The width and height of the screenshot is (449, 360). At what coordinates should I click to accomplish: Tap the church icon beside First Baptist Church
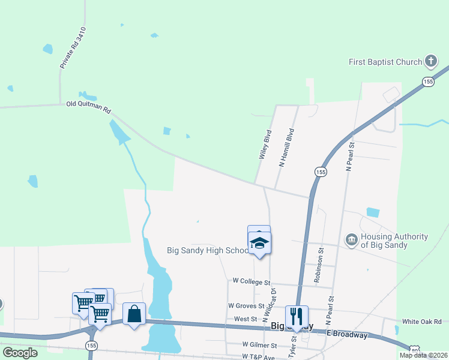pos(430,61)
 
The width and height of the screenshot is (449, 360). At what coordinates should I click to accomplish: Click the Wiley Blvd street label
pos(265,144)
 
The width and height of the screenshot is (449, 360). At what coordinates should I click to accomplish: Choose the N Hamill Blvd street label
pos(286,147)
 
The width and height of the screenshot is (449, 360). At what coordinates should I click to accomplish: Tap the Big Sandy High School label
pos(207,250)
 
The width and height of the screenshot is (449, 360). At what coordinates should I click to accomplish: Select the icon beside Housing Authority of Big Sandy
pos(351,241)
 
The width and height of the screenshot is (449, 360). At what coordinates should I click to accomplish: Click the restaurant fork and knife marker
pos(296,316)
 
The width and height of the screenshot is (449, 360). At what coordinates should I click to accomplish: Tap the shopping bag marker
pos(134,313)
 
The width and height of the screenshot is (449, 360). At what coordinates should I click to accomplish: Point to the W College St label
pos(252,281)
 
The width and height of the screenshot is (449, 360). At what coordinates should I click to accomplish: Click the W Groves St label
pos(246,305)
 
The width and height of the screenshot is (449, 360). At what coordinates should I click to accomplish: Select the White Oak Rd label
pos(421,322)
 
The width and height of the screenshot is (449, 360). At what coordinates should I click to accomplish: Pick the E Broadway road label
pos(347,335)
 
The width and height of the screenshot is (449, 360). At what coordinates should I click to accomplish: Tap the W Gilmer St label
pos(259,345)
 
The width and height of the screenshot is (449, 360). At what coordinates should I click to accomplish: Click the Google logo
pos(20,353)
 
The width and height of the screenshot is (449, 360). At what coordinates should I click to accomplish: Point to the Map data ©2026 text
pos(423,355)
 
